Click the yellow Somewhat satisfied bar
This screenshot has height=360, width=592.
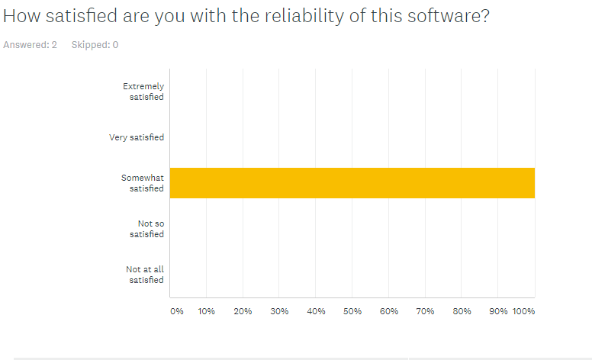(x=352, y=183)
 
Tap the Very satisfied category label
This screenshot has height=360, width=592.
(x=137, y=137)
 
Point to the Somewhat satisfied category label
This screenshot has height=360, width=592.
(x=143, y=183)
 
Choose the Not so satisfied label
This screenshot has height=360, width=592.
(x=146, y=229)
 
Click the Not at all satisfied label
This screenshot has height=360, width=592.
(x=145, y=275)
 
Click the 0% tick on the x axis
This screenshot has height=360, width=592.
(x=176, y=312)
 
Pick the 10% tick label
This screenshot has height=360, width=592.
(x=206, y=312)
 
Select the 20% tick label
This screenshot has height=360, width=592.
(x=243, y=312)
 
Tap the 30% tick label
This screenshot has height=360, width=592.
(x=279, y=312)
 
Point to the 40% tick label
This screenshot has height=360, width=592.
(x=316, y=312)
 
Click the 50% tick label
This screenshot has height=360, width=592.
(x=352, y=312)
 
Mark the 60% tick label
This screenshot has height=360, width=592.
(x=388, y=312)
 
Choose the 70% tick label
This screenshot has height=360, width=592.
(x=425, y=312)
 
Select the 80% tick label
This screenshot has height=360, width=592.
(x=462, y=312)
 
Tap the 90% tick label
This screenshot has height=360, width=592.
(x=497, y=312)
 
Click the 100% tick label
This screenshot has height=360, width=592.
(x=523, y=312)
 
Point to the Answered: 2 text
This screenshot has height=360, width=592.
(x=31, y=45)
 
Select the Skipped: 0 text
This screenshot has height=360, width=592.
(x=95, y=45)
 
